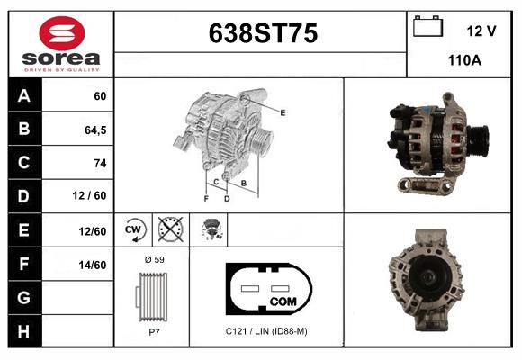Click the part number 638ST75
tap(263, 34)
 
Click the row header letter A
tap(24, 96)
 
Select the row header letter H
tap(24, 331)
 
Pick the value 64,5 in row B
tap(94, 130)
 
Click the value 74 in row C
tap(100, 164)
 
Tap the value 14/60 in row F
tap(94, 265)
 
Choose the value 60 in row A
tap(100, 96)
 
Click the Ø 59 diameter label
tap(153, 259)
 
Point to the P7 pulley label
tap(153, 331)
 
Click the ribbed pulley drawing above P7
tap(153, 294)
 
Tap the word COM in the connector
tap(283, 301)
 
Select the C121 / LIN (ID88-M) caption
tap(266, 331)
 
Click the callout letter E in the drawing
tap(283, 112)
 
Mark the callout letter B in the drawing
tap(244, 184)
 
